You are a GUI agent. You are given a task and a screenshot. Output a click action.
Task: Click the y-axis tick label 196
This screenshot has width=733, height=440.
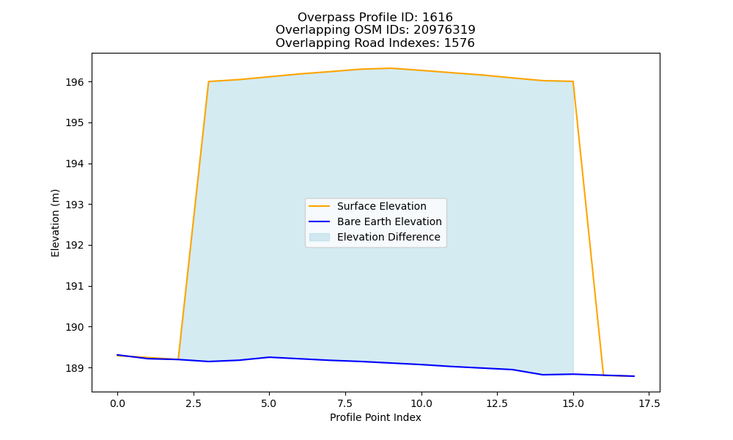tap(75, 82)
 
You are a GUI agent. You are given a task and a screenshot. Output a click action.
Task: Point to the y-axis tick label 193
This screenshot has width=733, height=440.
tap(75, 205)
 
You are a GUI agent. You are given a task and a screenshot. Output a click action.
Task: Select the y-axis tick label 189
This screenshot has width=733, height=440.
tap(75, 368)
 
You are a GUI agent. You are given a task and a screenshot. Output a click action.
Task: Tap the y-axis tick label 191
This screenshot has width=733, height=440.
tap(75, 286)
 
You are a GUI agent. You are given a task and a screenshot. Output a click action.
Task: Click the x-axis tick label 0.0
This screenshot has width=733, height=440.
tap(117, 403)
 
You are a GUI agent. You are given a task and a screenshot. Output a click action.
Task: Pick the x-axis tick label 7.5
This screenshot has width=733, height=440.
tap(345, 403)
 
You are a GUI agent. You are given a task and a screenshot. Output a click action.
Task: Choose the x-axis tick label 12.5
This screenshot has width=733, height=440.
tap(497, 403)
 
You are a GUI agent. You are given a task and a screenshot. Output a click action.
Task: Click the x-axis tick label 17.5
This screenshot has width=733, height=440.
tap(649, 403)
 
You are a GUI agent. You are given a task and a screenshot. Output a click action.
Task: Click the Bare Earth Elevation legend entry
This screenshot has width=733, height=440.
tap(375, 221)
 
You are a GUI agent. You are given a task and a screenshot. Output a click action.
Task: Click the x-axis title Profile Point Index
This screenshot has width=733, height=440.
tap(375, 417)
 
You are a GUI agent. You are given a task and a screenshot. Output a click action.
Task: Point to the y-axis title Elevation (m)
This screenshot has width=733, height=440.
tap(55, 223)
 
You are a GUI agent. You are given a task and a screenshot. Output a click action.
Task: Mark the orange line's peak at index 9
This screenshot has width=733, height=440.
tap(391, 68)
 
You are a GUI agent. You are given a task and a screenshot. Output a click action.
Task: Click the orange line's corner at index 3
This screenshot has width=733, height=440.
tap(208, 81)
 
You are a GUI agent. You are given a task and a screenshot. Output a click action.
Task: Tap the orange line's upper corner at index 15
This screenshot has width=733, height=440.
tap(573, 81)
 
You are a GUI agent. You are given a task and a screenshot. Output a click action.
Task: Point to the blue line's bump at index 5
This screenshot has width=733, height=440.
tap(269, 357)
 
